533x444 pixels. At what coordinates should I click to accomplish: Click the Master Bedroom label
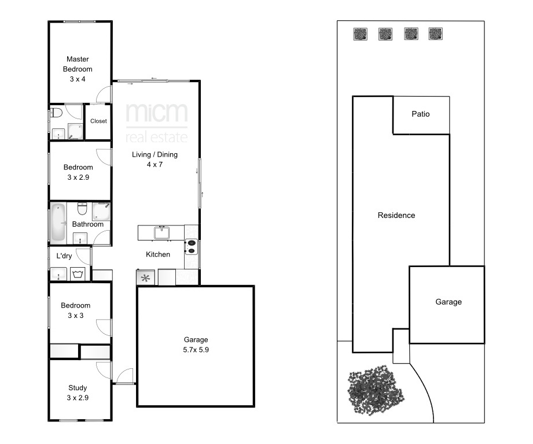(78, 64)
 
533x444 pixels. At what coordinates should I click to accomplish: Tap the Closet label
(98, 121)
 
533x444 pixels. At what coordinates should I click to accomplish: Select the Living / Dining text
(155, 154)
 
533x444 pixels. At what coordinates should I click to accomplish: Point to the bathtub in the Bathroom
(58, 222)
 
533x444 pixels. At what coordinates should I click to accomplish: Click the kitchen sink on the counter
(162, 233)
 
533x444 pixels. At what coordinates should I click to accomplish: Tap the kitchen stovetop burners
(192, 247)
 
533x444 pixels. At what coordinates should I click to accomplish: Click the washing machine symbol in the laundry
(78, 274)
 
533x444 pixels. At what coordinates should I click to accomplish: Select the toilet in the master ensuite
(56, 112)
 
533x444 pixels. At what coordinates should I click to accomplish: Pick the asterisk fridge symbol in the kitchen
(145, 278)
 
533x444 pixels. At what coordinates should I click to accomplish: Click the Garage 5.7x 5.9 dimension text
(196, 350)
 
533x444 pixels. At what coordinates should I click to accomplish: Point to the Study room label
(78, 388)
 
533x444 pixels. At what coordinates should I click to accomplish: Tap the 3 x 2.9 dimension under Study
(78, 398)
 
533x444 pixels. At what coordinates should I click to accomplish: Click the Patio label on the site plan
(421, 114)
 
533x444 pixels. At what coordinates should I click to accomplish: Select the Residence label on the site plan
(396, 215)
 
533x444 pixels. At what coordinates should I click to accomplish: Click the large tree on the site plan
(376, 390)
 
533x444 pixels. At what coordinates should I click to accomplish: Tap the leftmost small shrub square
(361, 34)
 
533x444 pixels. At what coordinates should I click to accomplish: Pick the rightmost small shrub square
(435, 34)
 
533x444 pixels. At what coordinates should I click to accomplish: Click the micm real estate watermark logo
(156, 123)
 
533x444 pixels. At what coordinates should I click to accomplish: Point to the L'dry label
(64, 256)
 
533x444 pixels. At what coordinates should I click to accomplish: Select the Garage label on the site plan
(449, 302)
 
